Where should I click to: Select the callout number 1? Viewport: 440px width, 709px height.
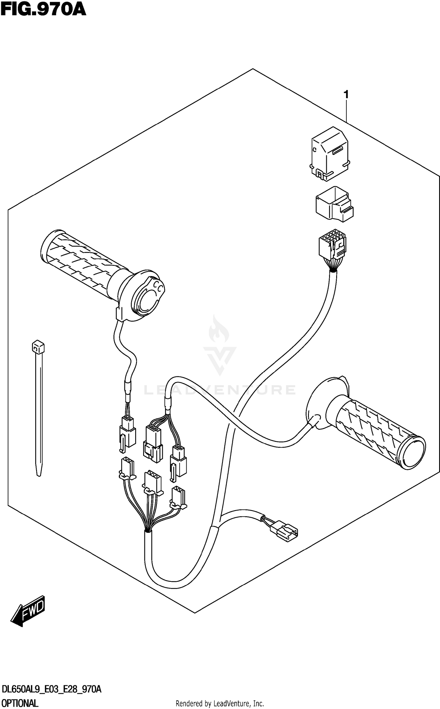(346, 94)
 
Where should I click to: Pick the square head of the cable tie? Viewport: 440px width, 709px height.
(38, 347)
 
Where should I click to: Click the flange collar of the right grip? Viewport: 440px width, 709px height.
(323, 403)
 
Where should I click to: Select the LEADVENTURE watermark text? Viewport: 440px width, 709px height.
(219, 390)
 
